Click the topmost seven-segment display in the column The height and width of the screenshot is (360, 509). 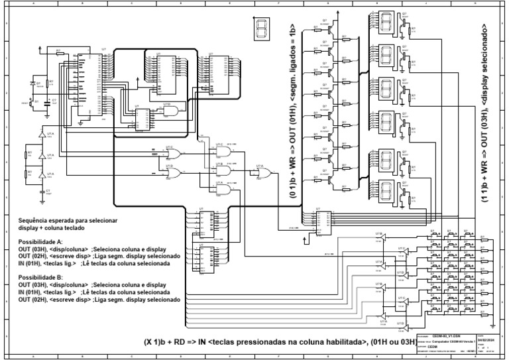[x=386, y=23]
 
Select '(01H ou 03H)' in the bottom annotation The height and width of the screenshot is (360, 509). [x=398, y=341]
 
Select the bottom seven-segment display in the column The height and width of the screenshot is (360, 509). [x=386, y=188]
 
